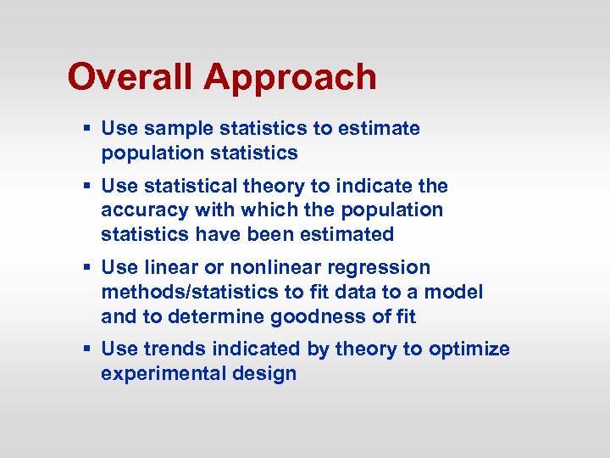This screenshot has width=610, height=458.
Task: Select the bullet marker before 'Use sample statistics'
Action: tap(87, 129)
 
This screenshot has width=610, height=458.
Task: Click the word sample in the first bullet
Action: tap(179, 129)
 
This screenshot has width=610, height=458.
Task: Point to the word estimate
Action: tap(379, 129)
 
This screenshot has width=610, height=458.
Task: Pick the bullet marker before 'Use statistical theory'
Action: tap(87, 186)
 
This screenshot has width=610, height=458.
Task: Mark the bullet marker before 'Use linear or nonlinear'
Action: tap(87, 268)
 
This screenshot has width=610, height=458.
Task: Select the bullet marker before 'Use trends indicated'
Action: tap(87, 349)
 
